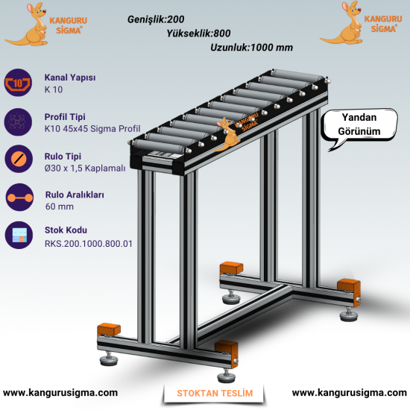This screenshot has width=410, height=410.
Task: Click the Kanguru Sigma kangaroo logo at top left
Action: pyautogui.click(x=45, y=25)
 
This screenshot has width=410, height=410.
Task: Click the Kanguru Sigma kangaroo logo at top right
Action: pyautogui.click(x=361, y=23)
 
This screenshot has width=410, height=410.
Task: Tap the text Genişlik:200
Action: pyautogui.click(x=156, y=19)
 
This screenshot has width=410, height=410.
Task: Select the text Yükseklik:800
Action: pyautogui.click(x=198, y=34)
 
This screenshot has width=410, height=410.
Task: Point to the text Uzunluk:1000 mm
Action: pyautogui.click(x=251, y=47)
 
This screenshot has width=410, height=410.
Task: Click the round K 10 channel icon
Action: pyautogui.click(x=18, y=83)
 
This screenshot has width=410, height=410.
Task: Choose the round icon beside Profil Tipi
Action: pyautogui.click(x=18, y=122)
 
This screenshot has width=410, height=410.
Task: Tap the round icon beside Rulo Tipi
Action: pyautogui.click(x=19, y=159)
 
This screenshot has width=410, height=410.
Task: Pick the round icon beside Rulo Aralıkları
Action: pyautogui.click(x=19, y=197)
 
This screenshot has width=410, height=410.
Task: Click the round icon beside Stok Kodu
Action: pyautogui.click(x=19, y=235)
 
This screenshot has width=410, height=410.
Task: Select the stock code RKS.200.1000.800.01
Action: pyautogui.click(x=89, y=244)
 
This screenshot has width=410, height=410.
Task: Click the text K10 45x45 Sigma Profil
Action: pyautogui.click(x=92, y=129)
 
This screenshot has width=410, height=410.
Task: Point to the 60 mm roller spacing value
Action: pyautogui.click(x=60, y=206)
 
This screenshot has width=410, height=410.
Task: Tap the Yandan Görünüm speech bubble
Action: pyautogui.click(x=359, y=125)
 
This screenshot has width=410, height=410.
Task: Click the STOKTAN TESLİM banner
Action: pyautogui.click(x=215, y=393)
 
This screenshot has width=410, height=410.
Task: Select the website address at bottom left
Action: pyautogui.click(x=60, y=392)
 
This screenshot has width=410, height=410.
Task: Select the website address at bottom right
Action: pyautogui.click(x=350, y=392)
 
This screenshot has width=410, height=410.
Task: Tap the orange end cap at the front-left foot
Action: pyautogui.click(x=109, y=329)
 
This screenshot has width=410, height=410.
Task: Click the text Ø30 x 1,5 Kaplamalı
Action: pyautogui.click(x=85, y=168)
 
